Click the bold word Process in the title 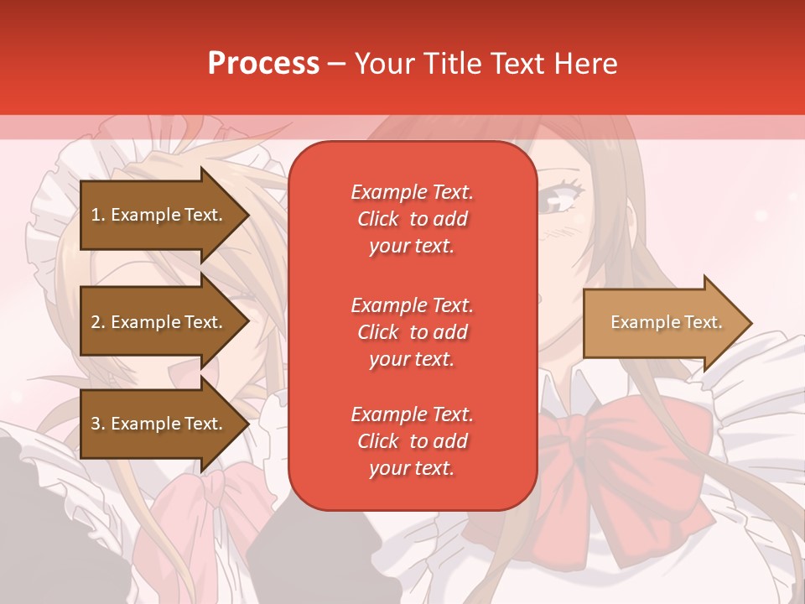click(x=263, y=64)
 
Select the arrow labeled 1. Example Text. click(x=159, y=215)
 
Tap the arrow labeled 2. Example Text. click(x=159, y=322)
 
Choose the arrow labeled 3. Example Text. click(x=159, y=424)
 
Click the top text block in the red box click(x=412, y=219)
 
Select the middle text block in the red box click(x=412, y=332)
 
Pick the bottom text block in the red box click(x=412, y=441)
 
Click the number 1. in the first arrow click(x=97, y=215)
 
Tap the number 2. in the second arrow click(x=97, y=322)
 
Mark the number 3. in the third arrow click(x=97, y=424)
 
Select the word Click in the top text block click(x=378, y=219)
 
